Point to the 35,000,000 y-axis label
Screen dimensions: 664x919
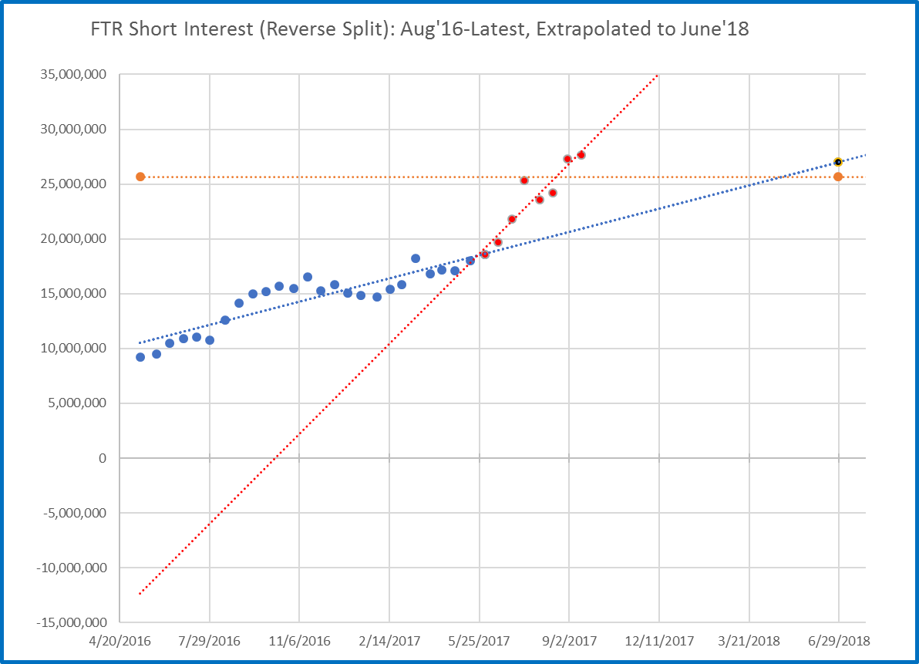[75, 75]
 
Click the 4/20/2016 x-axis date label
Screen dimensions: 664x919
[120, 641]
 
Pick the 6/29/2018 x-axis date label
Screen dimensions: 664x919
[839, 641]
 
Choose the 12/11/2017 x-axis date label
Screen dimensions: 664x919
[659, 641]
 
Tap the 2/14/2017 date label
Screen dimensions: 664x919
[389, 641]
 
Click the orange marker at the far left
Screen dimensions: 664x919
[140, 177]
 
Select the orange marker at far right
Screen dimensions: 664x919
[838, 177]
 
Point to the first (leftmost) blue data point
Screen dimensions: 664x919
[140, 357]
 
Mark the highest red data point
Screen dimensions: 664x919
[581, 155]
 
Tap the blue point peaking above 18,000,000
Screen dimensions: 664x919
[416, 258]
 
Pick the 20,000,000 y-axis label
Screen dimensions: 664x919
[75, 239]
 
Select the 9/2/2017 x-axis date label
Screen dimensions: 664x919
[569, 641]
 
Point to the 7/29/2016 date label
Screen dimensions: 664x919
[210, 641]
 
